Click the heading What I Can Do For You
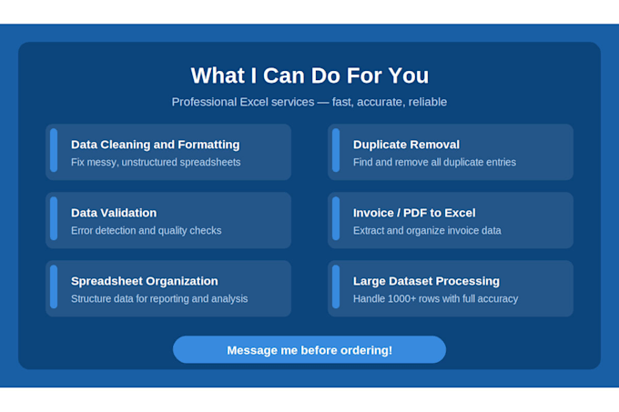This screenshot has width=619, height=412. click(x=309, y=75)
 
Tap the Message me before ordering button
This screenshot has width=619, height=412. click(x=309, y=350)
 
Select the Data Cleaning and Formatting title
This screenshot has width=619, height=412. click(x=155, y=145)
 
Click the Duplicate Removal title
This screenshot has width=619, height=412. click(x=406, y=145)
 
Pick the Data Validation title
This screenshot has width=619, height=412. click(x=114, y=213)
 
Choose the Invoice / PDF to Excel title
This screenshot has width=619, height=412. click(x=414, y=213)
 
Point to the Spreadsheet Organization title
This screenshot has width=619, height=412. click(x=145, y=281)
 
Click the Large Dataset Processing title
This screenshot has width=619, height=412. click(x=426, y=281)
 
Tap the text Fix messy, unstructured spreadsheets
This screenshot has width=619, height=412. click(x=156, y=162)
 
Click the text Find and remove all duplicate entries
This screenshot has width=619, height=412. click(x=434, y=162)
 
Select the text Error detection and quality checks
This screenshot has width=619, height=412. click(x=146, y=230)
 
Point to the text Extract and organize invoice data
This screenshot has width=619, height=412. click(x=427, y=230)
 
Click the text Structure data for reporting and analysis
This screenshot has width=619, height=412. click(x=159, y=298)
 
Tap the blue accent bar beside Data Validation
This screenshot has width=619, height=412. click(x=54, y=218)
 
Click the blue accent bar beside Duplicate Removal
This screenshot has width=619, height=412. click(x=336, y=150)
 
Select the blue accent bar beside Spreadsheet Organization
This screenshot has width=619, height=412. click(x=54, y=286)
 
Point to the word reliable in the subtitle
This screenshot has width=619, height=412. click(x=428, y=102)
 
